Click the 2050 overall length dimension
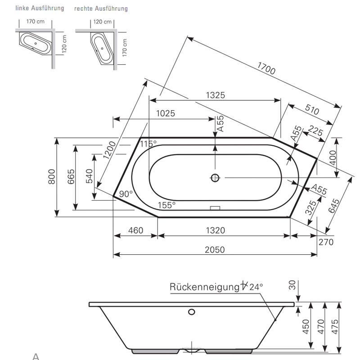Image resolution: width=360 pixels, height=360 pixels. tap(215, 250)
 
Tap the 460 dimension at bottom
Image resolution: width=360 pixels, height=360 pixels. tap(135, 230)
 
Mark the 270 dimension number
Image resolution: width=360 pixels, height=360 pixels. tap(326, 243)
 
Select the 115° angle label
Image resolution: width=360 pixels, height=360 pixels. tap(148, 144)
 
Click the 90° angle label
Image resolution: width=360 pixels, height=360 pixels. tap(126, 194)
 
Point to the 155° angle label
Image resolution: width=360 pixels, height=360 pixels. tap(166, 205)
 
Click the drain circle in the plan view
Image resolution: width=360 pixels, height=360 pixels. tap(215, 178)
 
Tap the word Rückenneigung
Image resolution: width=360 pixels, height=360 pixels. tap(203, 287)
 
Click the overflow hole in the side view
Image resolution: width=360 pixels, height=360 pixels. tap(192, 312)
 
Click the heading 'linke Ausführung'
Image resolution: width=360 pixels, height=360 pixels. tap(40, 8)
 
